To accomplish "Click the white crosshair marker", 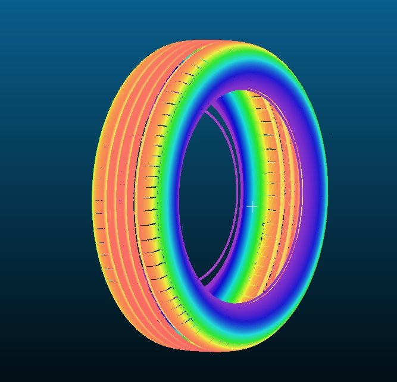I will [252, 207].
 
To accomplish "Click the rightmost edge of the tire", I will [327, 196].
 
